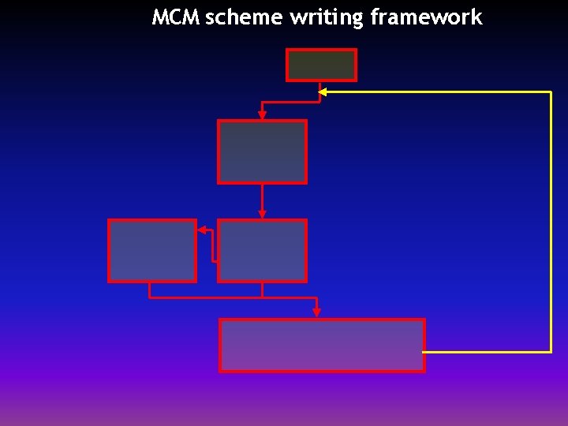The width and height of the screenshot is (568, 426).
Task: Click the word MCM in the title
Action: [176, 17]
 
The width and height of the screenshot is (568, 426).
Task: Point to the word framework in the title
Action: [425, 17]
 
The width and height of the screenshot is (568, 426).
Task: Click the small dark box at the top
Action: [321, 65]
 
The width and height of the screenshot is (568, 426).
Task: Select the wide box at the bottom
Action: [322, 345]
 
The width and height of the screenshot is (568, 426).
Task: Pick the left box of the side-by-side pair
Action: [152, 251]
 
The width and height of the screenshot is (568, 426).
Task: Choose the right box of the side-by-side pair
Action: [262, 251]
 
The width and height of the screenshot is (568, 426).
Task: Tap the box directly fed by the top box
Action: [262, 151]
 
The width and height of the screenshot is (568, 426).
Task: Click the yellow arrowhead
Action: [322, 92]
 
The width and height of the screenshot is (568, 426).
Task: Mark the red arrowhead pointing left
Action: [202, 230]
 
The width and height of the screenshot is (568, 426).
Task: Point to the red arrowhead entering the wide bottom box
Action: [316, 312]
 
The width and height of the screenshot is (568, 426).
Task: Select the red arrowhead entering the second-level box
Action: [262, 115]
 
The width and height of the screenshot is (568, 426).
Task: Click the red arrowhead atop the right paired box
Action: [262, 214]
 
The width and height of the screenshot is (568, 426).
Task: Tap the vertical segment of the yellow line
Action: [551, 221]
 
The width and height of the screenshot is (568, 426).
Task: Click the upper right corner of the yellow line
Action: [551, 92]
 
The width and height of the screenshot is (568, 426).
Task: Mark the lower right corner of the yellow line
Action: [551, 351]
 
